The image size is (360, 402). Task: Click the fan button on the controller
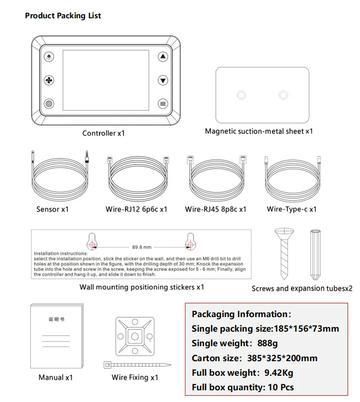pos(49,80)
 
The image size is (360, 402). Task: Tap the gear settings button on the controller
pos(49,104)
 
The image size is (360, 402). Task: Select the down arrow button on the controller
pos(163,80)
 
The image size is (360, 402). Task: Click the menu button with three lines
pos(163,104)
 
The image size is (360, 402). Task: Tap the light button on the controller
pos(49,57)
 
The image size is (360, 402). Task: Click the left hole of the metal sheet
pos(241,95)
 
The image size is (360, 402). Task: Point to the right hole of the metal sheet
pos(283,95)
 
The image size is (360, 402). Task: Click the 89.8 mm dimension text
pos(142,247)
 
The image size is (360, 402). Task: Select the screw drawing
pos(284,253)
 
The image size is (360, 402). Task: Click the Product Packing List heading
pos(63,16)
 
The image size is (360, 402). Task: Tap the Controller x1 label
pos(104,133)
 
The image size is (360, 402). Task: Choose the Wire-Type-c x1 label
pos(292,209)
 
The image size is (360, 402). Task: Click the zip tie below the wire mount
pos(136,364)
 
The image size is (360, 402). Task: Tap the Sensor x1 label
pos(52,209)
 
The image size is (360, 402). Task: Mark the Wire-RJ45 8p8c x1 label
pos(216,209)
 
